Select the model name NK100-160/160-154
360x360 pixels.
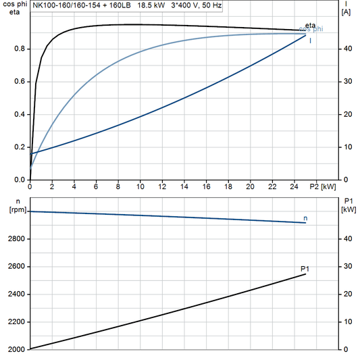[68, 5]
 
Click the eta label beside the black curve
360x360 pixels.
[311, 26]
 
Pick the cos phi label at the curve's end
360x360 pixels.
[311, 30]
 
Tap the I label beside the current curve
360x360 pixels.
[311, 41]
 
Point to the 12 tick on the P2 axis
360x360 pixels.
[162, 186]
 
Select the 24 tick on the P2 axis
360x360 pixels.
[294, 186]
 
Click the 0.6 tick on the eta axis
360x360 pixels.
[20, 82]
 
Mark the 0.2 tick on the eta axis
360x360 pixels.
[20, 147]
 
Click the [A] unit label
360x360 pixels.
[346, 13]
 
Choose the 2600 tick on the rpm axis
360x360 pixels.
[16, 267]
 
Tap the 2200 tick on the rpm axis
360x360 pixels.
[16, 322]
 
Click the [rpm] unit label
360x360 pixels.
[15, 209]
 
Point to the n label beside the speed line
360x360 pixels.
[306, 218]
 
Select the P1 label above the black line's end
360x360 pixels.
[305, 269]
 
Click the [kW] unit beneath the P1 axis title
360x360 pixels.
[349, 209]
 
